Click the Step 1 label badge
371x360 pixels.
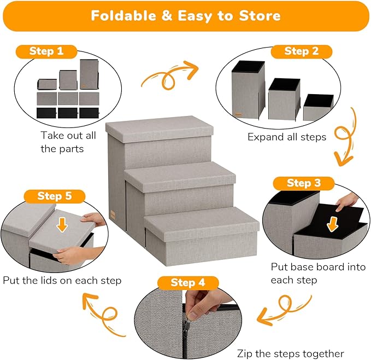(x=46, y=51)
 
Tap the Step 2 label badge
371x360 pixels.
(x=301, y=51)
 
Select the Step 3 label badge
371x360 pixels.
(x=303, y=183)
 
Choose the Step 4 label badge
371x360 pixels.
(x=187, y=282)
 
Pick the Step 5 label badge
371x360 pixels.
(x=54, y=196)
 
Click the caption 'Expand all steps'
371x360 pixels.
(x=286, y=137)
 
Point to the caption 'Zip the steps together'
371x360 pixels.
(x=290, y=353)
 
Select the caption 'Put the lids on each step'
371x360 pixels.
(x=62, y=280)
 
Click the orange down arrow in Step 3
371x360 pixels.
(x=332, y=223)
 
